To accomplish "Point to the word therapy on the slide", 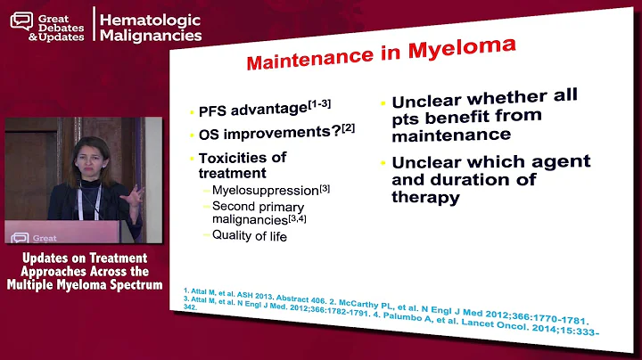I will pos(424,197).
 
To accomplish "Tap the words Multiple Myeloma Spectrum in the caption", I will pos(85,284).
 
